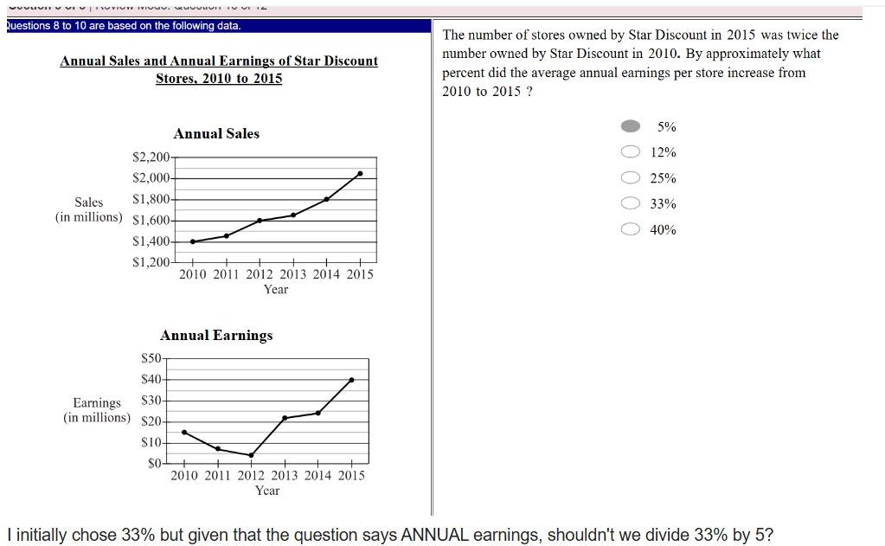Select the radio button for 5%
(631, 126)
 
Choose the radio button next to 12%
(631, 152)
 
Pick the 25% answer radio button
(631, 178)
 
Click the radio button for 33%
(631, 204)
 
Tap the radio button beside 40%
(631, 230)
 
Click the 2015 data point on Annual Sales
(360, 174)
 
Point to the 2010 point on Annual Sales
(192, 241)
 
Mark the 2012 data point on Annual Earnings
(251, 455)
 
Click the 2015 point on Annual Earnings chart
(351, 379)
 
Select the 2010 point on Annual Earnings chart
(184, 432)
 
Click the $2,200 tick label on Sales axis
(151, 157)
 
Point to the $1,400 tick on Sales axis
(151, 241)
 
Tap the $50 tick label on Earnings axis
(151, 358)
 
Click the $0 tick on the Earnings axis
(154, 464)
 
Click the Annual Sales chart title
(216, 134)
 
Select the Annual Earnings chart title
(216, 336)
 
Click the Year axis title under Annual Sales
(276, 289)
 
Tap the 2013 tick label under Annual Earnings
(285, 475)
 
